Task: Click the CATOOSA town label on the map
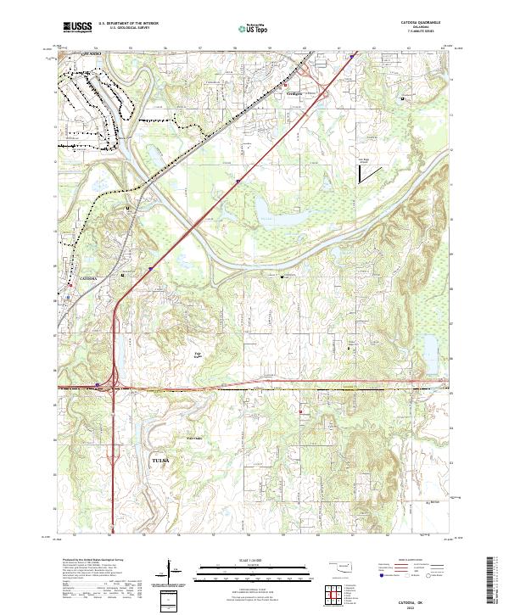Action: coord(88,278)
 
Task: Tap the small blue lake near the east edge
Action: coord(430,346)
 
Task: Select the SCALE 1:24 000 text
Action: coord(254,561)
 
